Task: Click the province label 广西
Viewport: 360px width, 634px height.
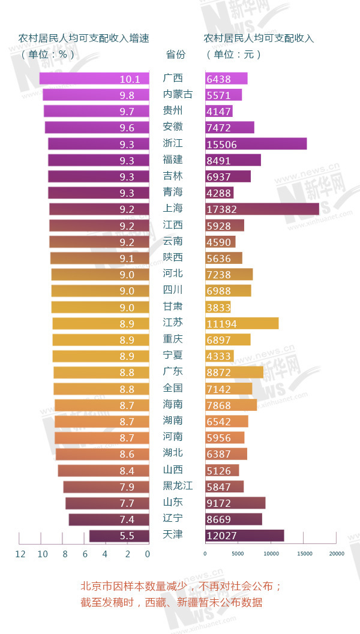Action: click(x=173, y=79)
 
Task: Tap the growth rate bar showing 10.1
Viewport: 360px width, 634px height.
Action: click(x=94, y=79)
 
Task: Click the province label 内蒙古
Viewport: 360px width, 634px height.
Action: click(x=178, y=95)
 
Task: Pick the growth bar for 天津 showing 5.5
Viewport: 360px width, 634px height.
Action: click(x=119, y=536)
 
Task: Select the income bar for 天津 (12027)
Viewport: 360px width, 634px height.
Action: click(x=244, y=536)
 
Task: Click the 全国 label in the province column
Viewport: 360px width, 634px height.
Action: click(x=173, y=389)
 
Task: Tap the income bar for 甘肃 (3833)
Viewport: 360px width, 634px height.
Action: click(x=218, y=307)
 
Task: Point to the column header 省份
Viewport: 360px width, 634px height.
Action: click(x=175, y=55)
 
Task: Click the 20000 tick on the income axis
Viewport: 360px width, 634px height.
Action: click(x=337, y=554)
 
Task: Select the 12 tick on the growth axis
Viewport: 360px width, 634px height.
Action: click(x=20, y=554)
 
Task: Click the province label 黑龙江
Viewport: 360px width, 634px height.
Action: click(x=178, y=486)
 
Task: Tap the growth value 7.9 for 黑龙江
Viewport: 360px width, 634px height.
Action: click(x=127, y=486)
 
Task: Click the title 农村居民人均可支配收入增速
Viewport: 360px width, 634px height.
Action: click(x=84, y=38)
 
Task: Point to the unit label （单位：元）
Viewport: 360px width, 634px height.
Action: click(x=234, y=55)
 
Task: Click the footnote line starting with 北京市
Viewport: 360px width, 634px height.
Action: click(x=181, y=586)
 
